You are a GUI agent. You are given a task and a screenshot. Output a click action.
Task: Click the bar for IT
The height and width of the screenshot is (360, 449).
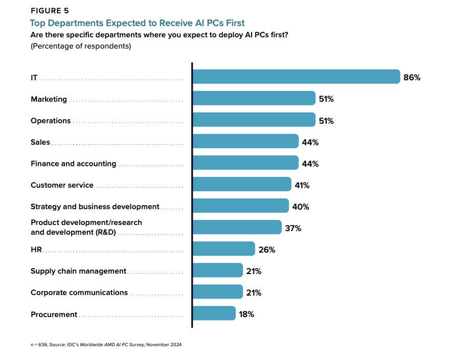click(x=296, y=77)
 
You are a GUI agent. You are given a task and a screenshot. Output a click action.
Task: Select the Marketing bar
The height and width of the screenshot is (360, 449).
click(x=254, y=98)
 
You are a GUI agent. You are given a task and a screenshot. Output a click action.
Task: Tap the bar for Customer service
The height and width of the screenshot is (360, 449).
click(x=242, y=184)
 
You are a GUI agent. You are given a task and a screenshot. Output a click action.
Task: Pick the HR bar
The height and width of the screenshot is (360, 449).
click(x=223, y=249)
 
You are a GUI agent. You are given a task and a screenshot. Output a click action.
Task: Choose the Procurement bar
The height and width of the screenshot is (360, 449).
click(x=214, y=313)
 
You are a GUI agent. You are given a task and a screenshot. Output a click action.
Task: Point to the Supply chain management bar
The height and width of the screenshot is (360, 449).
click(x=217, y=271)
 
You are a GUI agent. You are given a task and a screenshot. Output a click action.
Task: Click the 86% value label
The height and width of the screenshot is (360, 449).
click(x=412, y=77)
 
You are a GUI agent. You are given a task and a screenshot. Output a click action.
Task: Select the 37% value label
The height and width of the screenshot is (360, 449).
click(x=293, y=228)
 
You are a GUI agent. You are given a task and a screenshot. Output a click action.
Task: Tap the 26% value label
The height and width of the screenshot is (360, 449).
click(x=266, y=250)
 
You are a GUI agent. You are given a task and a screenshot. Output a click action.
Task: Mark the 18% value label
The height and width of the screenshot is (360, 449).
click(x=246, y=314)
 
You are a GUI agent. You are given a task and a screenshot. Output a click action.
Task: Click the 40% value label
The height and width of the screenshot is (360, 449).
click(x=301, y=207)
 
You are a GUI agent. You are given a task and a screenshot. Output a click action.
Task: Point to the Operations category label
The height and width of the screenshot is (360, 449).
click(x=51, y=121)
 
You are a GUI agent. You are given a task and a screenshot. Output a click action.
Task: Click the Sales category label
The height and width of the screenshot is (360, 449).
click(x=40, y=142)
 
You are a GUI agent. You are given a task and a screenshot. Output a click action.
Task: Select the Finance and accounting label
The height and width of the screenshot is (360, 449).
click(x=73, y=164)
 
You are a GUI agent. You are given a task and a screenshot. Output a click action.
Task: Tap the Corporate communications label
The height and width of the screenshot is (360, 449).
click(x=79, y=292)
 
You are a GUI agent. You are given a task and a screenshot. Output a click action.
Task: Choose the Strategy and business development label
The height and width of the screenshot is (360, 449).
click(x=95, y=207)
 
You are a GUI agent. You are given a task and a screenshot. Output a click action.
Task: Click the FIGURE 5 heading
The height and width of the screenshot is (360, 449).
click(x=50, y=10)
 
